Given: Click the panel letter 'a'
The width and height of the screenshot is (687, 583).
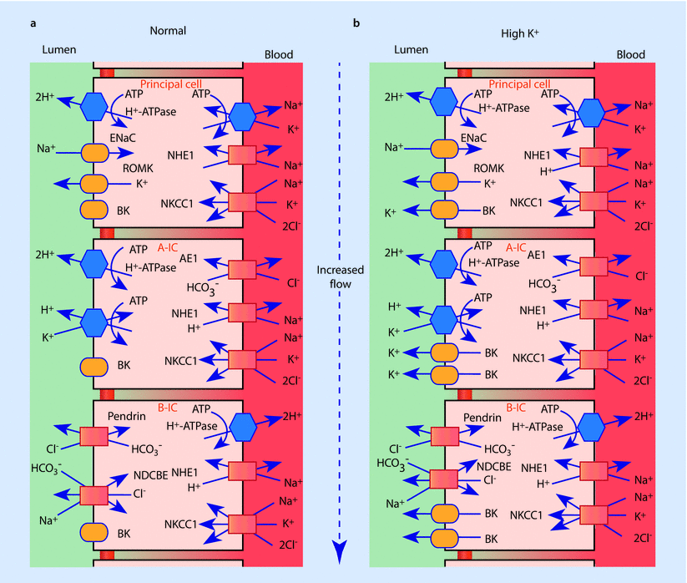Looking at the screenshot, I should [33, 23].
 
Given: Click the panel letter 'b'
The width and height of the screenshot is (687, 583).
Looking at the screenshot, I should [357, 23].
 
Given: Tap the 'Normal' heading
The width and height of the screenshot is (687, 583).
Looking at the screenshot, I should [168, 31].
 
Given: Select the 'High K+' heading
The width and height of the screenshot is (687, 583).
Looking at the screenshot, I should [517, 31].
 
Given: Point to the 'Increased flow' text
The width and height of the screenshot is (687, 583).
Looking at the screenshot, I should [339, 277].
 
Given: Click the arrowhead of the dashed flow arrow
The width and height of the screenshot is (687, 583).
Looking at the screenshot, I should [339, 551].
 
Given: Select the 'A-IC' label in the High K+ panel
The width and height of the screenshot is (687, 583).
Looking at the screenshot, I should [518, 247].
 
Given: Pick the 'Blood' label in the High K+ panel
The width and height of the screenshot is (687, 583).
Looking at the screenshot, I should [630, 55].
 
